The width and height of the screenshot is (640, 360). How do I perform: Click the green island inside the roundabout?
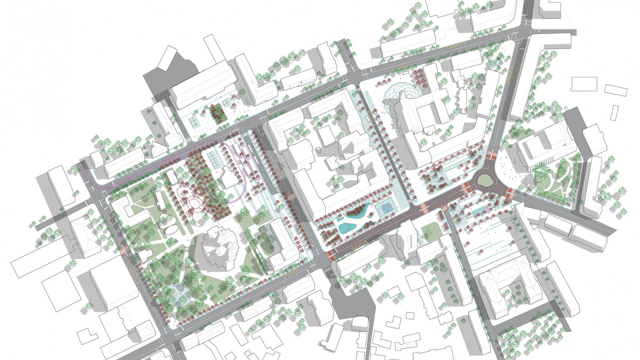pos(485,181)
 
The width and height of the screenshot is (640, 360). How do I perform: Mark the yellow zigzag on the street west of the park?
pos(133,273)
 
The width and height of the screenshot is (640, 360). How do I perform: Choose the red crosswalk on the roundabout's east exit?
pos(511,193)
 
